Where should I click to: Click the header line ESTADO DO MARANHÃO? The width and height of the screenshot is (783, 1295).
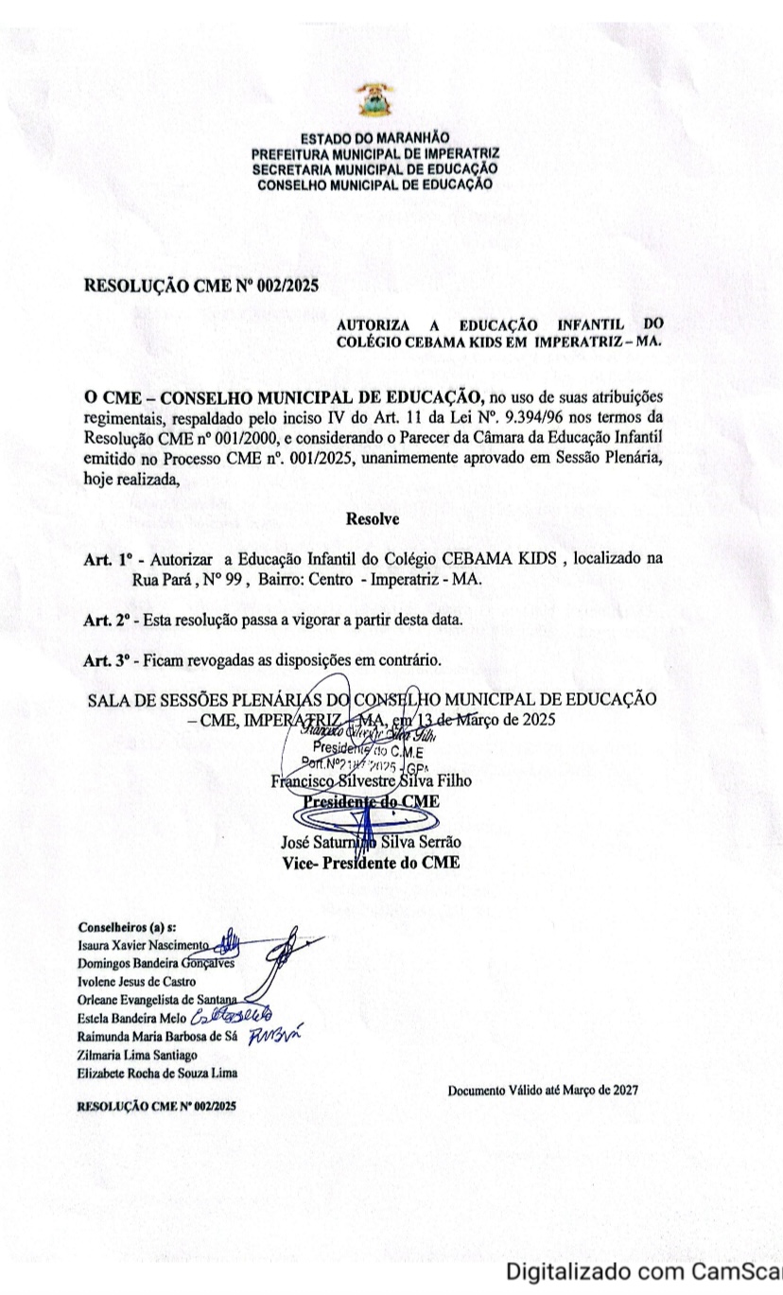pos(374,138)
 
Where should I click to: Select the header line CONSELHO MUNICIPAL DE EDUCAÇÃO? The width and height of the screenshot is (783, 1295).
pos(374,184)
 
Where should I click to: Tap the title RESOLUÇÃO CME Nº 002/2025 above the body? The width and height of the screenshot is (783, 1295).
pos(201,286)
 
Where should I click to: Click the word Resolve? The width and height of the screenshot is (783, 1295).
pos(373,518)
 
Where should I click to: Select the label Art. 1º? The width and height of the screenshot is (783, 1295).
pos(106,559)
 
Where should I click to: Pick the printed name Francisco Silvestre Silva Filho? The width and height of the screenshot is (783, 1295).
pos(371,781)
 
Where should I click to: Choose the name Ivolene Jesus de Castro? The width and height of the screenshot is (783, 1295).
pos(136,981)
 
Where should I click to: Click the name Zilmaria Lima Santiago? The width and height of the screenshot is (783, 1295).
pos(138,1054)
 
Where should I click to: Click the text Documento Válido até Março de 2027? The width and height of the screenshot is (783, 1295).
pos(543,1090)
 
